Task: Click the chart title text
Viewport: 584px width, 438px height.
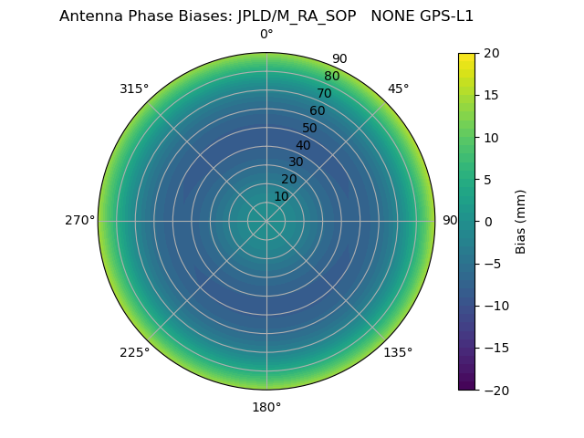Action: (266, 16)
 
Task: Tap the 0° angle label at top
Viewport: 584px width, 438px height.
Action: (266, 35)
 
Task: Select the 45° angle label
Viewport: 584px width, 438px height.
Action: (398, 89)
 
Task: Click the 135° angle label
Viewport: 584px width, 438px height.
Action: (398, 352)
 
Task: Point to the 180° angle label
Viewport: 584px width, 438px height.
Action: (266, 407)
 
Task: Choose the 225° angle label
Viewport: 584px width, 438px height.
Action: (134, 352)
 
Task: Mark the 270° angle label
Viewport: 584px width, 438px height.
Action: (79, 221)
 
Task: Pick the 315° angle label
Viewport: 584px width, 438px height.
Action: (134, 89)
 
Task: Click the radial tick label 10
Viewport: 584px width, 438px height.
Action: (282, 196)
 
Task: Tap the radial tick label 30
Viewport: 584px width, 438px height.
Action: (296, 162)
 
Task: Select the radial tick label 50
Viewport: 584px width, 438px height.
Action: (310, 128)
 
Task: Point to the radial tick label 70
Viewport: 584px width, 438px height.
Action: (324, 93)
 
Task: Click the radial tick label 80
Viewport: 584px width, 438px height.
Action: (331, 77)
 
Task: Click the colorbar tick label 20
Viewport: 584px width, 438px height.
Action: (491, 53)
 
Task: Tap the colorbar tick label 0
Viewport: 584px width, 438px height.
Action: (487, 221)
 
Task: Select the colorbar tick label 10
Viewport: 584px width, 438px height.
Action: (491, 137)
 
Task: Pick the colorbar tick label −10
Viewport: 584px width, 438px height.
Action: (495, 306)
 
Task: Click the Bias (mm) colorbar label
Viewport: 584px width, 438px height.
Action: (521, 221)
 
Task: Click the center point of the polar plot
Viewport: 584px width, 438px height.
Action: (266, 221)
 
